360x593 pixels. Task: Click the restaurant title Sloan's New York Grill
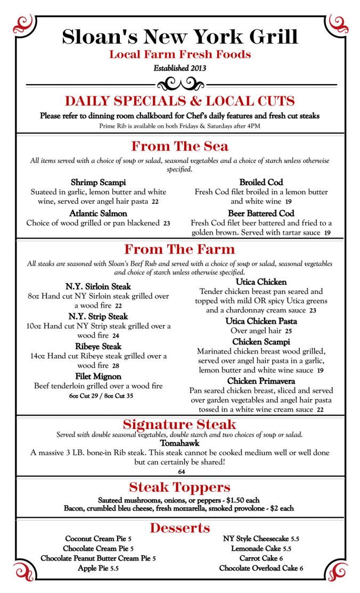click(x=180, y=36)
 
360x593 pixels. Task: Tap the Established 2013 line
click(x=180, y=68)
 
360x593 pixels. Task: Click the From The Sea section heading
click(x=180, y=146)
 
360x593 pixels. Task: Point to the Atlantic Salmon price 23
click(x=167, y=224)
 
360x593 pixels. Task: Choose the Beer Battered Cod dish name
click(x=261, y=213)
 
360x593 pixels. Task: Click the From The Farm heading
click(x=180, y=249)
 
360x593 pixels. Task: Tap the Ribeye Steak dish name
click(x=99, y=347)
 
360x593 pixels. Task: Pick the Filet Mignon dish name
click(x=99, y=376)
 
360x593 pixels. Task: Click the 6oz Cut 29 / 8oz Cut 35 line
click(x=101, y=396)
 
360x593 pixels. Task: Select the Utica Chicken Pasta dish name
click(x=261, y=321)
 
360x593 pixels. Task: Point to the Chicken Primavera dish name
click(x=261, y=381)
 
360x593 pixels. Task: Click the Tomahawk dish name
click(x=180, y=443)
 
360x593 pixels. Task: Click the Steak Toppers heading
click(x=180, y=487)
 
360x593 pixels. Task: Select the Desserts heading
click(x=180, y=528)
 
